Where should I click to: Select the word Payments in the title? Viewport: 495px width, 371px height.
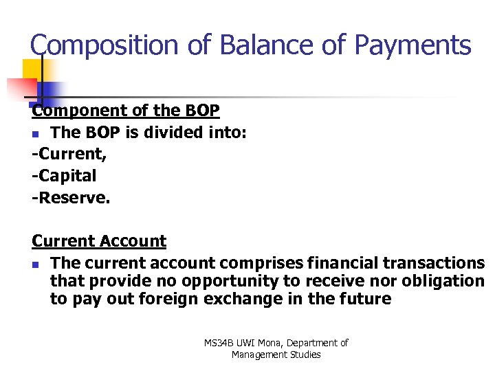[x=412, y=45]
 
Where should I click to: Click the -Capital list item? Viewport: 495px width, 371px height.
[x=64, y=176]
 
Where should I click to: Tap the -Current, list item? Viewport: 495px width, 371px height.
[x=69, y=154]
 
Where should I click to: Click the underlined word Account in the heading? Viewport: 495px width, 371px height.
[x=133, y=241]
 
